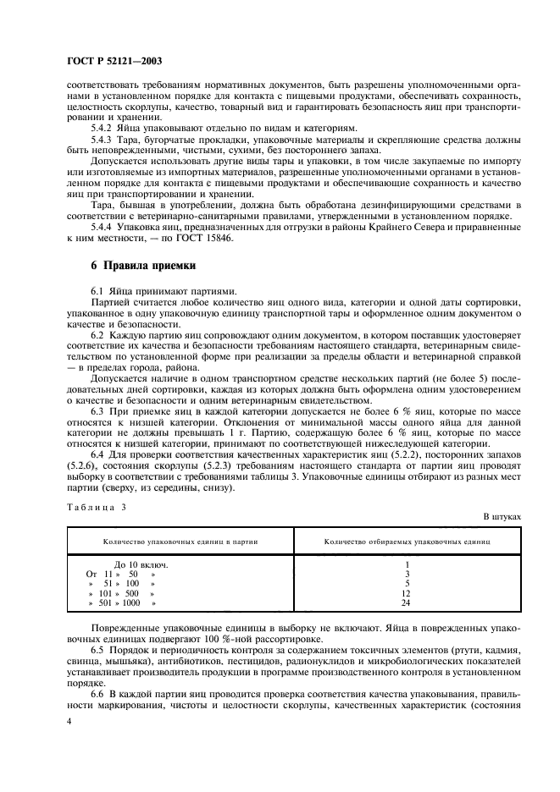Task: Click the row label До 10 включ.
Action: click(141, 564)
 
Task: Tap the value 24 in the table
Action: click(407, 603)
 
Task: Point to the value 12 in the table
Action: click(407, 593)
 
